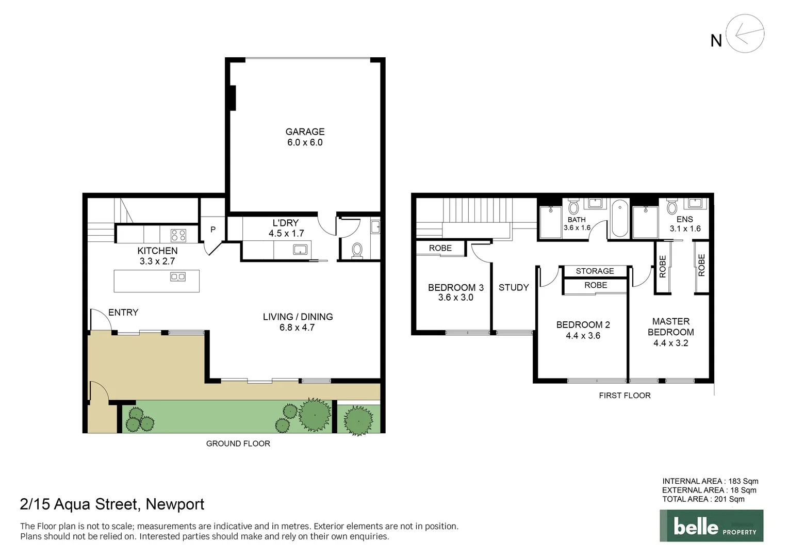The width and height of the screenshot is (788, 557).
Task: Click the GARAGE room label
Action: click(x=305, y=132)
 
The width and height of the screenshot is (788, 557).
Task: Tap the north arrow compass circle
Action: click(x=745, y=34)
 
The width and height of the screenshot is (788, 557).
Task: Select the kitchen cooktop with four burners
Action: click(x=178, y=235)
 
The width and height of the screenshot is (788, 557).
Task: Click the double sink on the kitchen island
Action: click(x=178, y=277)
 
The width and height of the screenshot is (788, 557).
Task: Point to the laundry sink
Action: click(x=300, y=250)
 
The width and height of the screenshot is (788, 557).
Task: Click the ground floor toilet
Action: click(x=357, y=251)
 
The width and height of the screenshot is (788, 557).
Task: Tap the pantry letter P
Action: click(x=213, y=230)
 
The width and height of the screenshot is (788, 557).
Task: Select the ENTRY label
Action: click(x=123, y=313)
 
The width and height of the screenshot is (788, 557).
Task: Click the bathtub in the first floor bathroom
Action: click(x=619, y=218)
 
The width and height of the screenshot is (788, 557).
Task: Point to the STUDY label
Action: click(x=514, y=287)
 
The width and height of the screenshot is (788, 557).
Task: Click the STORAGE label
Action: click(x=595, y=271)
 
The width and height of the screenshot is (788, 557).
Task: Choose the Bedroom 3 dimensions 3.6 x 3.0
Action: click(x=456, y=298)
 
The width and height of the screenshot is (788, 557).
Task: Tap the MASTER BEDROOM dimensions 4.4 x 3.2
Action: click(x=671, y=343)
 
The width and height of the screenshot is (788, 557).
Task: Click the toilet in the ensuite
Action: click(x=671, y=207)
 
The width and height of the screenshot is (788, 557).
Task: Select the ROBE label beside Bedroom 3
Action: click(x=440, y=248)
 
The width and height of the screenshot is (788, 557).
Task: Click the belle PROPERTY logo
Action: click(x=711, y=526)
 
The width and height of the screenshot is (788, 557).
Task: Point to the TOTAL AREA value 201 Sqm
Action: click(x=729, y=499)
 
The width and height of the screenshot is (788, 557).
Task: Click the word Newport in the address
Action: click(x=175, y=504)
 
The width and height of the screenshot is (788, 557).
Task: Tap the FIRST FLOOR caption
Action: click(x=625, y=396)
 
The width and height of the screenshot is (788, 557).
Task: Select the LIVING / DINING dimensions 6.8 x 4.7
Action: click(x=297, y=327)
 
